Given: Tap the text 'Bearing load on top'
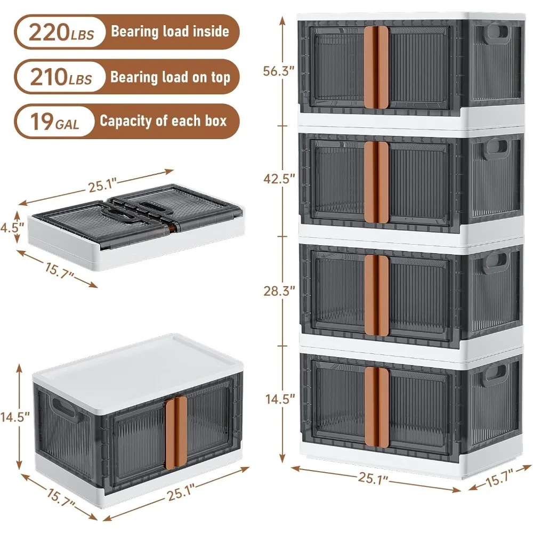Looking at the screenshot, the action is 170,77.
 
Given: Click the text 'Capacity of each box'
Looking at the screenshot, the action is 163,120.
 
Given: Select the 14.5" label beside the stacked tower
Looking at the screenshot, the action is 280,399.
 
